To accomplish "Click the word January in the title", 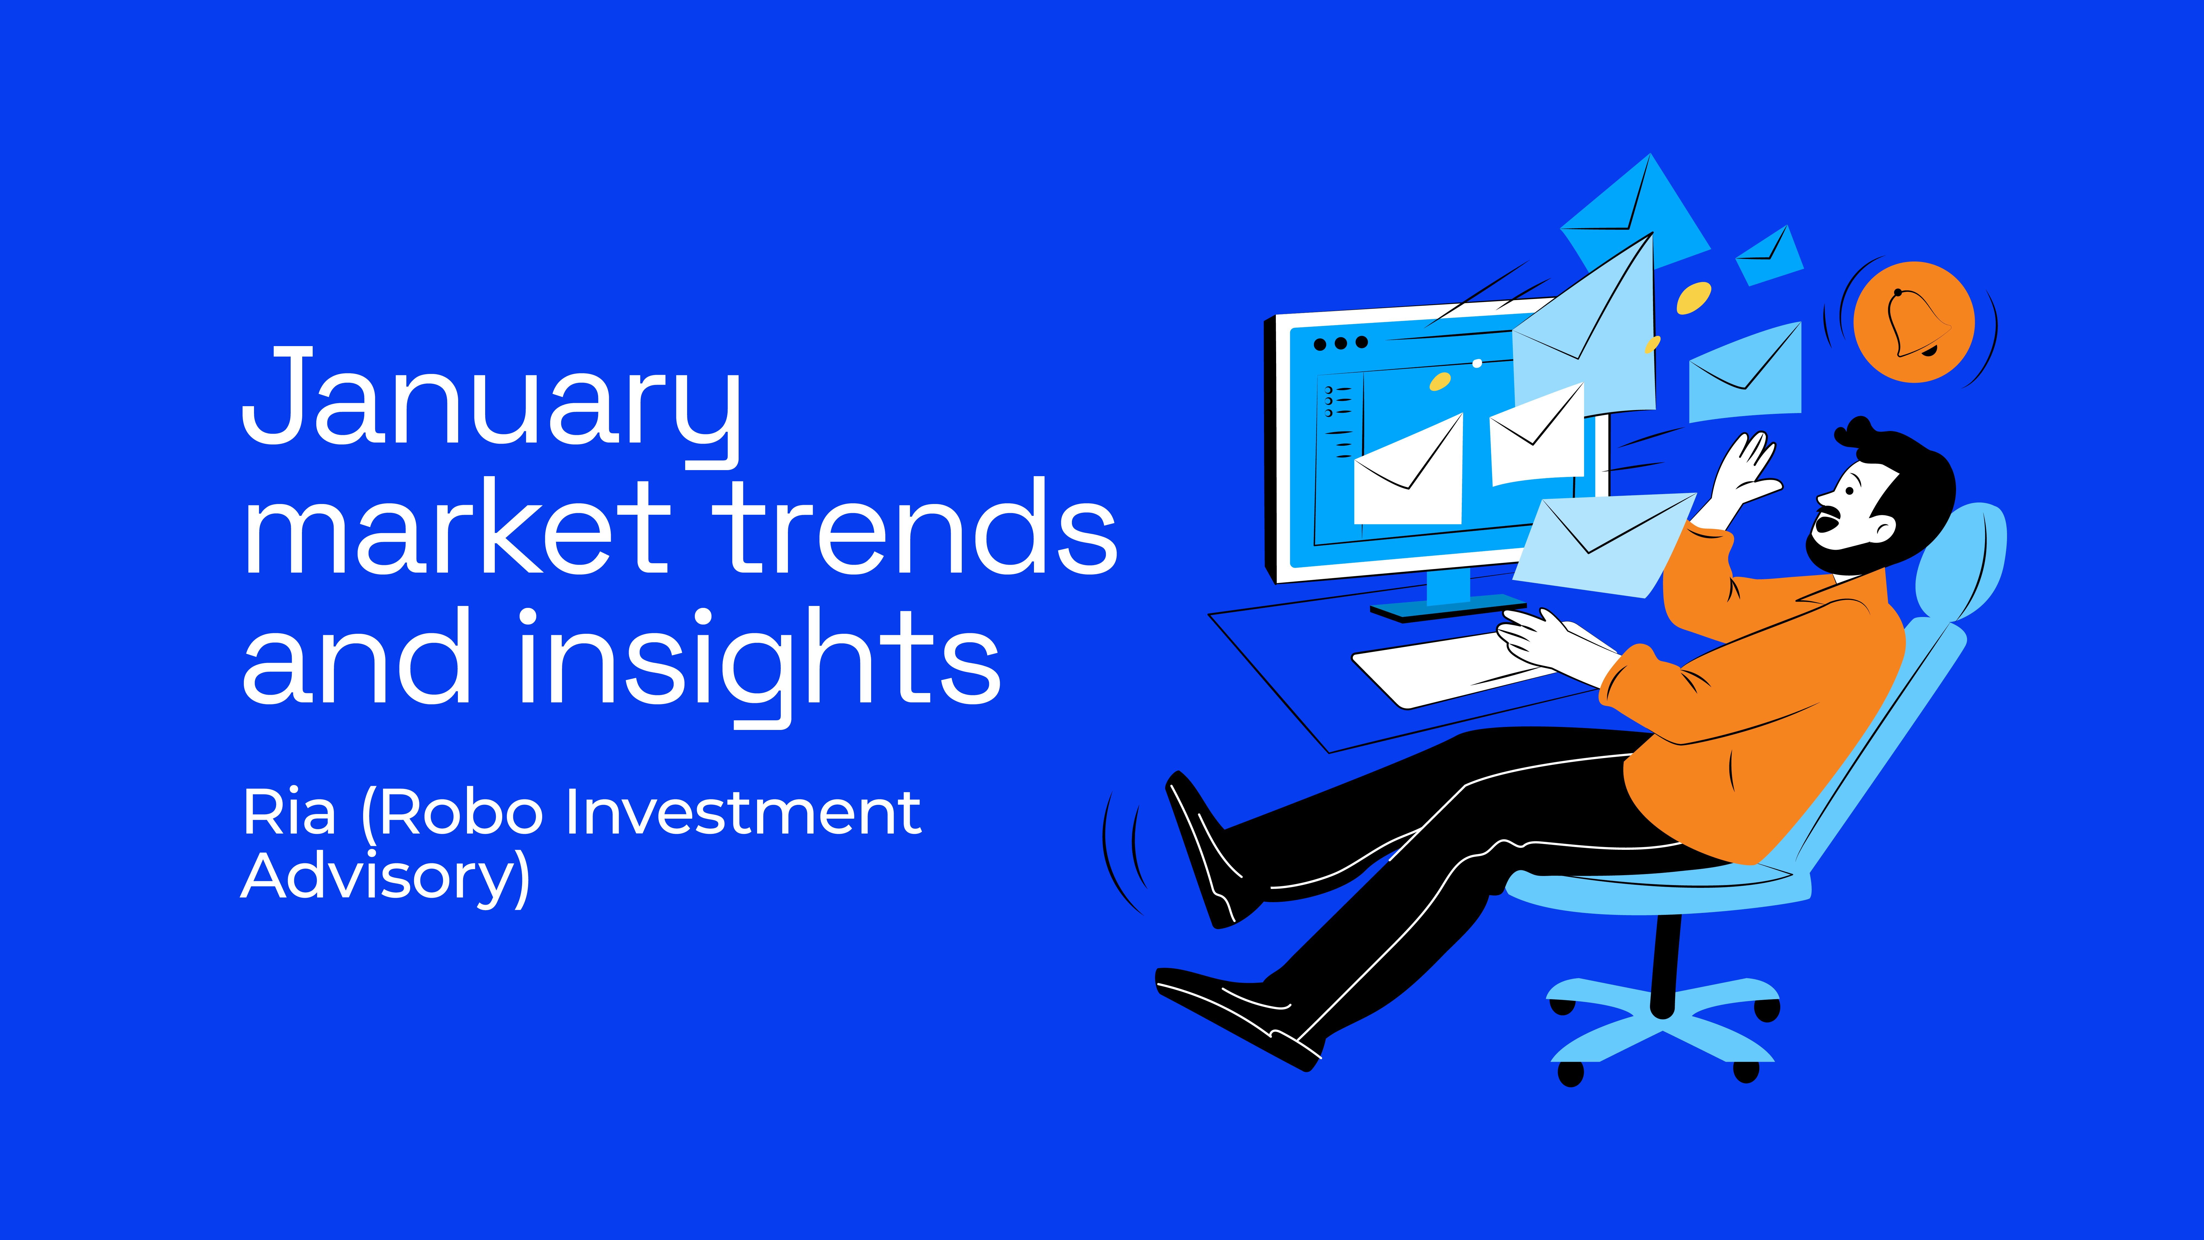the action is click(x=491, y=406).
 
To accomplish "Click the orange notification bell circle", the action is click(x=1914, y=322).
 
